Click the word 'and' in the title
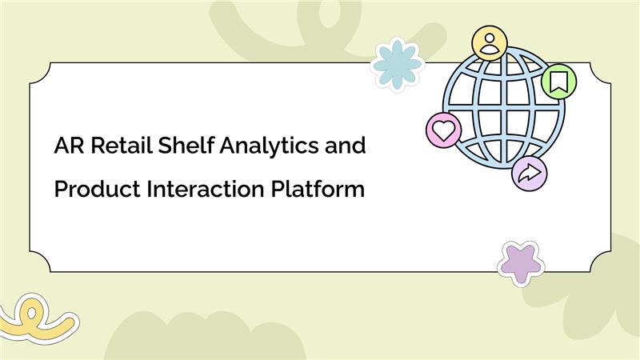click(346, 147)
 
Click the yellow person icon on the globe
click(489, 43)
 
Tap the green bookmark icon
click(558, 81)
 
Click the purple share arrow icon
click(528, 173)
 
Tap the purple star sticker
click(521, 262)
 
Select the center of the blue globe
click(504, 108)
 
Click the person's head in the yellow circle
click(489, 38)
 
